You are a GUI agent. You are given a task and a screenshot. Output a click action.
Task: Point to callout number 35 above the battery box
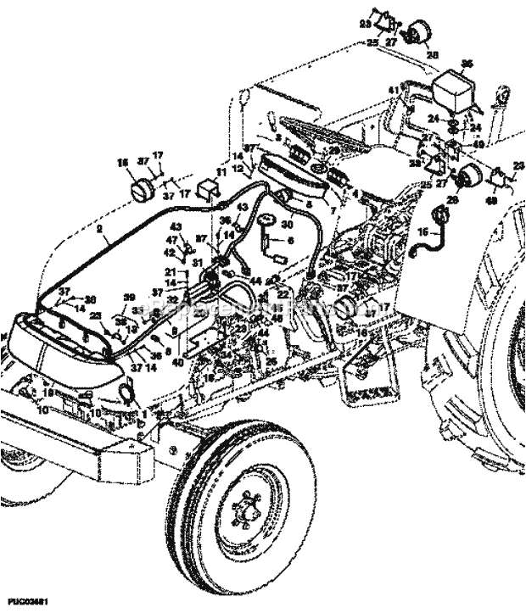(466, 63)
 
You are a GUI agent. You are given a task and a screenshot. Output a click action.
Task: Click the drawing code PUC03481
(24, 600)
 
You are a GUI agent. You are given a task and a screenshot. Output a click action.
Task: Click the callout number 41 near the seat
(394, 90)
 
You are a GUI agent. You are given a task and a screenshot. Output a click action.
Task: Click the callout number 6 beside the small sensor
(290, 241)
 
